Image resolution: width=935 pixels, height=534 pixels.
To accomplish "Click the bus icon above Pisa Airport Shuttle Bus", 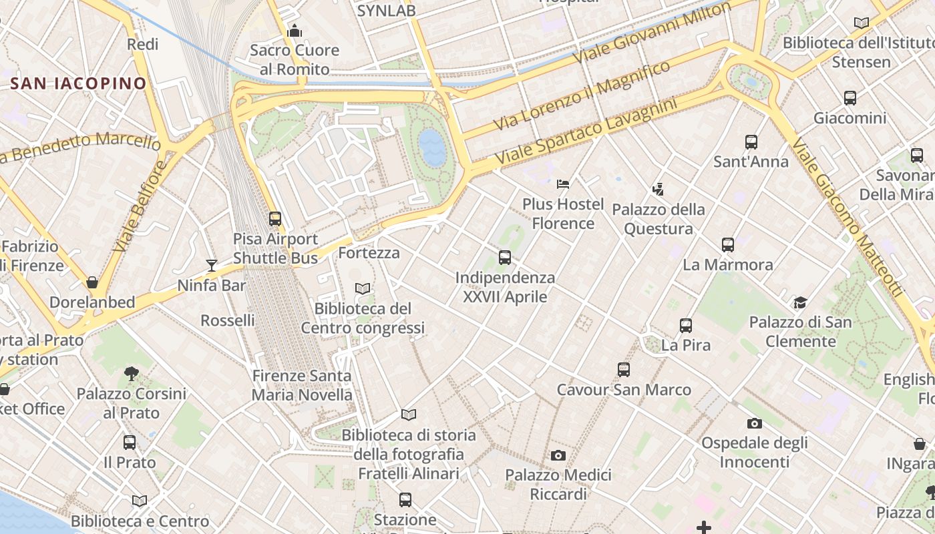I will pyautogui.click(x=274, y=219).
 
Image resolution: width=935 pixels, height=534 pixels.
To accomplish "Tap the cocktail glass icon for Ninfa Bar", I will pyautogui.click(x=212, y=266).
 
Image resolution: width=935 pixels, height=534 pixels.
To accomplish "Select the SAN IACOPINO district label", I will pyautogui.click(x=79, y=83).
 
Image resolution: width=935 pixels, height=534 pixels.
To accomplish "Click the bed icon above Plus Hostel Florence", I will pyautogui.click(x=563, y=184).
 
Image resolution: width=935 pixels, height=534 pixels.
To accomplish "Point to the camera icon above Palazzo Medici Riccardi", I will pyautogui.click(x=558, y=456).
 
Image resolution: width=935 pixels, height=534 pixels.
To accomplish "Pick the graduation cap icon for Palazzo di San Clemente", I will pyautogui.click(x=800, y=303).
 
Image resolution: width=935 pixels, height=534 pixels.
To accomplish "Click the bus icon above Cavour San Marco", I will pyautogui.click(x=624, y=370).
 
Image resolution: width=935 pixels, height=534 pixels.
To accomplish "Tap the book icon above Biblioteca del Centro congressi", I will pyautogui.click(x=363, y=289).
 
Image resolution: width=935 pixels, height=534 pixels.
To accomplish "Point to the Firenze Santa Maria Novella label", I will pyautogui.click(x=302, y=385).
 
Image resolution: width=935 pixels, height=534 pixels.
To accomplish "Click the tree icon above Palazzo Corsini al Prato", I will pyautogui.click(x=132, y=374).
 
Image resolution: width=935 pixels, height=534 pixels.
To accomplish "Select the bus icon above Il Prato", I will pyautogui.click(x=130, y=443).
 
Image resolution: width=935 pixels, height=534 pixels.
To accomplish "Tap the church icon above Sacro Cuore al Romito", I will pyautogui.click(x=295, y=31).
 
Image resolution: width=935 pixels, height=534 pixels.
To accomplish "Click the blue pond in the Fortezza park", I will pyautogui.click(x=433, y=148).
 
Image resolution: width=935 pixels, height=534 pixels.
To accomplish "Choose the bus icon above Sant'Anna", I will pyautogui.click(x=751, y=142).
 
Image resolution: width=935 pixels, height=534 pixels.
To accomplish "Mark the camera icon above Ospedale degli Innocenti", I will pyautogui.click(x=755, y=423).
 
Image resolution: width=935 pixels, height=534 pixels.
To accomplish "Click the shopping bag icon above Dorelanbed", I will pyautogui.click(x=92, y=282).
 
